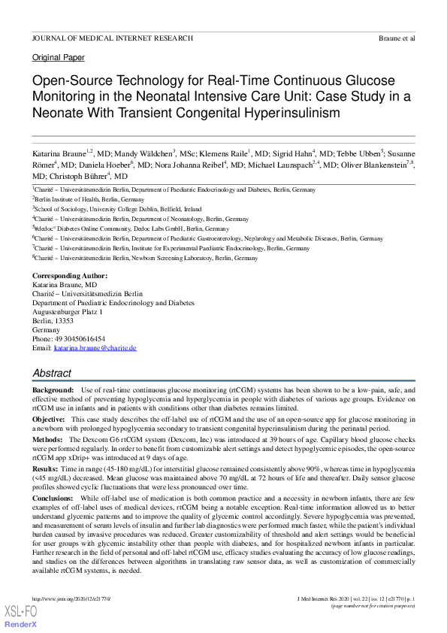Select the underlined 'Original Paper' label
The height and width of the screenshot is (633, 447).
59,57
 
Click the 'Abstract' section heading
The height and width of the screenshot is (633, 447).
52,373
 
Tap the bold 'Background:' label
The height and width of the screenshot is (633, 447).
53,391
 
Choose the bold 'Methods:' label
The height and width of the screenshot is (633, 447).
48,438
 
